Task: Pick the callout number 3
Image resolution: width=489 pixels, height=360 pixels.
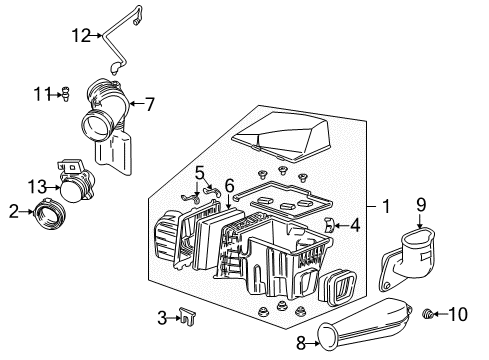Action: tap(161, 319)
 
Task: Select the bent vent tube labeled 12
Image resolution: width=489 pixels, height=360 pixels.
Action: tap(120, 40)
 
